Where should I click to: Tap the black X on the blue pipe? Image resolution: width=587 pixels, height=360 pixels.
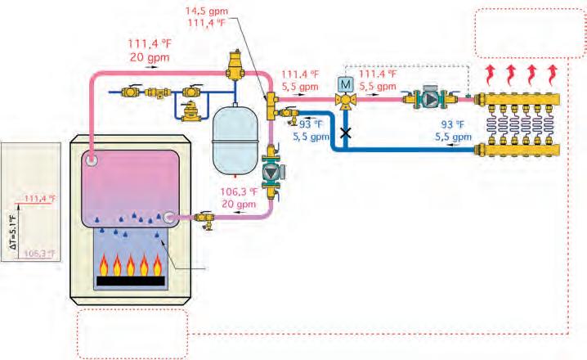coord(346,132)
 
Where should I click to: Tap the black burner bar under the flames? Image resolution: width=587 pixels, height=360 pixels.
coord(131,281)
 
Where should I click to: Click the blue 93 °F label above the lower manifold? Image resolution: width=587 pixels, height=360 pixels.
coord(453,125)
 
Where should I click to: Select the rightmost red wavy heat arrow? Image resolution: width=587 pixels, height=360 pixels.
coord(553,74)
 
